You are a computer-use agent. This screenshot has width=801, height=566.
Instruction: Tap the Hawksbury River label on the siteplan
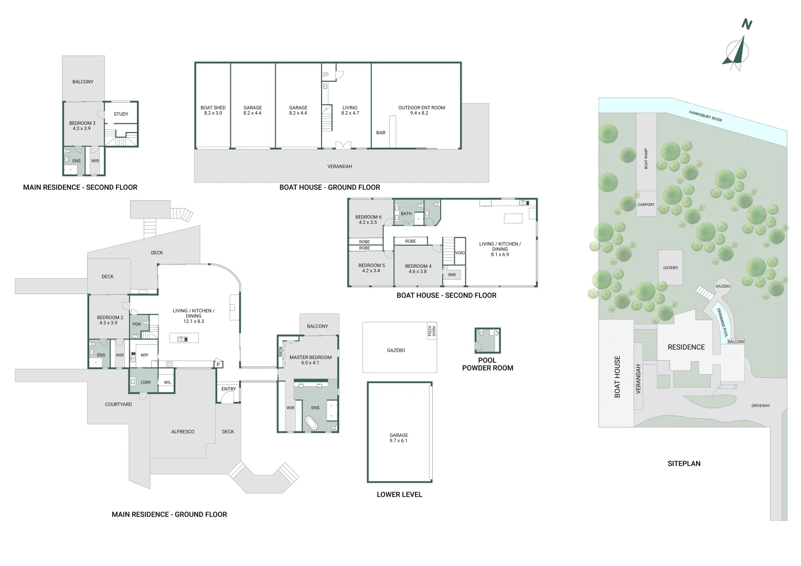click(706, 116)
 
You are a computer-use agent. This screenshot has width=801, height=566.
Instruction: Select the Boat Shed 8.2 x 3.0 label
click(213, 111)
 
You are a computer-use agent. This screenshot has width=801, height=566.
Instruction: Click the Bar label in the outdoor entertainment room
click(381, 133)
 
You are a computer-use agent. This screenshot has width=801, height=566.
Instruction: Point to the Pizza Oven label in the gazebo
click(431, 331)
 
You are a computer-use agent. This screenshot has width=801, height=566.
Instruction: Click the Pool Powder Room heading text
click(487, 364)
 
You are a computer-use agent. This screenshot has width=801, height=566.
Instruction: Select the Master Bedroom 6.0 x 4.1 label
click(311, 360)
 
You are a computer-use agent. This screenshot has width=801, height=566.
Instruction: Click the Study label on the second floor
click(121, 114)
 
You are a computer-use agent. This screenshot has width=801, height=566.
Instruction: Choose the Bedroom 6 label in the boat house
click(368, 220)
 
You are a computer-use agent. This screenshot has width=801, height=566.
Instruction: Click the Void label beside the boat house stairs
click(460, 253)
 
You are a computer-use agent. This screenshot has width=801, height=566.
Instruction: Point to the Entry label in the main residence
click(229, 389)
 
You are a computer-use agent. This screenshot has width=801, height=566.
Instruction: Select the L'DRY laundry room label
click(146, 383)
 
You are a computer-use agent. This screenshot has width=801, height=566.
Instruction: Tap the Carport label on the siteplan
click(646, 205)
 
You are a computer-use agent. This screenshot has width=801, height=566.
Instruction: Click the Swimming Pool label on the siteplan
click(723, 322)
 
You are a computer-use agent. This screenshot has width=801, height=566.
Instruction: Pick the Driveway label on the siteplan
click(761, 406)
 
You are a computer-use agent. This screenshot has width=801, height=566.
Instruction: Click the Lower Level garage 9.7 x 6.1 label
click(399, 438)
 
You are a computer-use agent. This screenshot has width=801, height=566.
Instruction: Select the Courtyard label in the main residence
click(119, 405)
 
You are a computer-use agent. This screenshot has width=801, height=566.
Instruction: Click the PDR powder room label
click(136, 324)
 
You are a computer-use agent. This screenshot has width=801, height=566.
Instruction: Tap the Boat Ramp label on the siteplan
click(646, 158)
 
